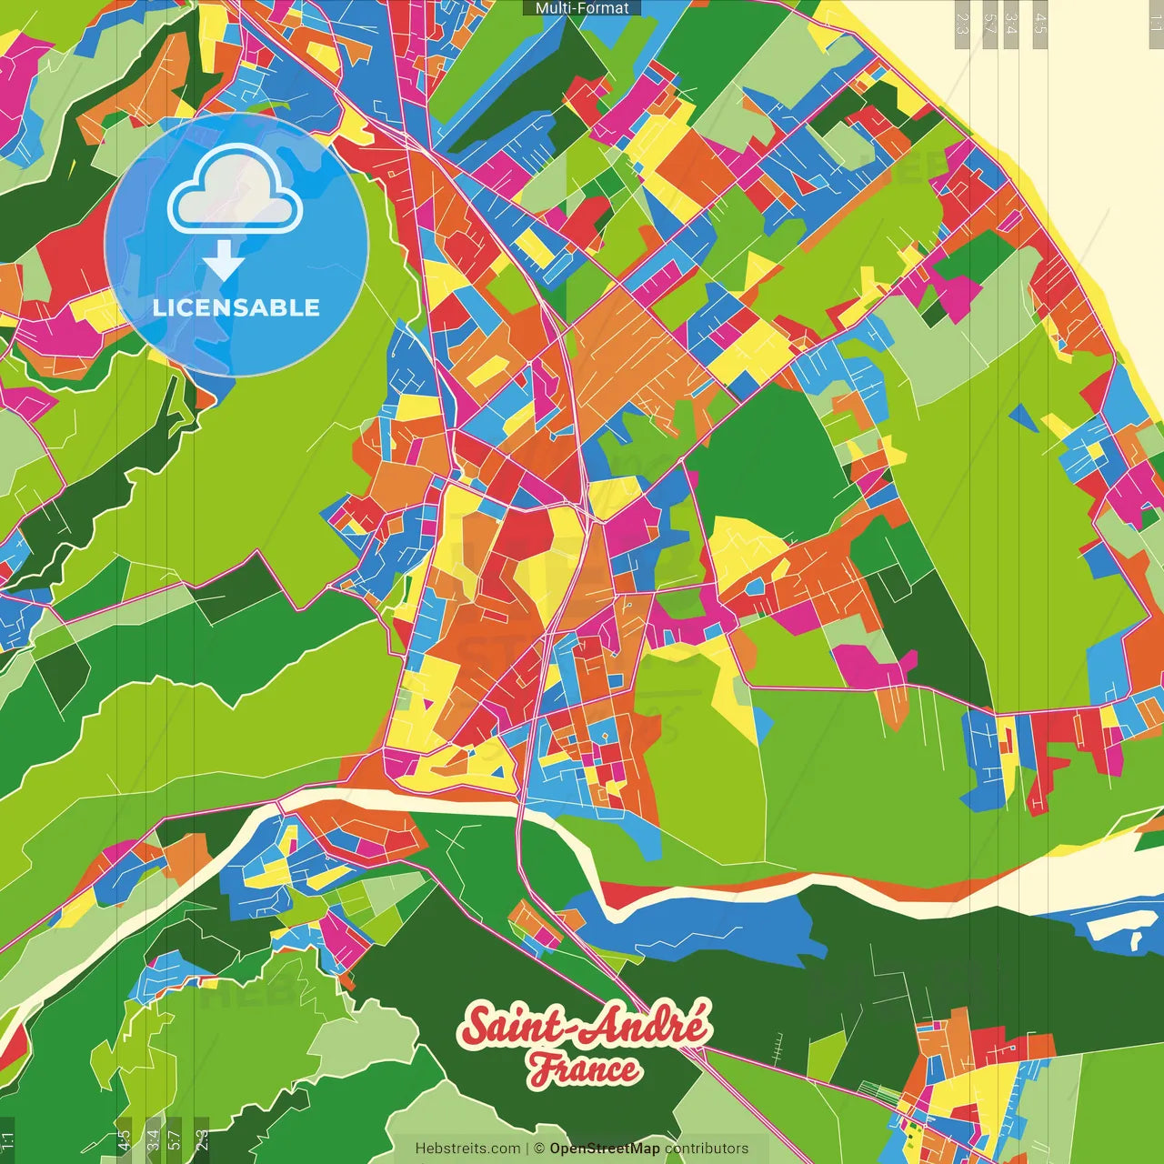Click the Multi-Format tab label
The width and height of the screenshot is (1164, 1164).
click(x=582, y=8)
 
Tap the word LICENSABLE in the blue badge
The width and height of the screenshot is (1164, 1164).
click(x=236, y=307)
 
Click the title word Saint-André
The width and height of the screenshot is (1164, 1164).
click(x=585, y=1027)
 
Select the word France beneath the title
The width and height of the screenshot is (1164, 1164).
click(x=585, y=1069)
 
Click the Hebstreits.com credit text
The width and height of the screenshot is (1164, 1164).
click(x=467, y=1149)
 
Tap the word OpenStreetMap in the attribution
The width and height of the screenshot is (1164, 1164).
click(x=604, y=1149)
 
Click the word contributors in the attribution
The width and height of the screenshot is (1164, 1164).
click(x=707, y=1149)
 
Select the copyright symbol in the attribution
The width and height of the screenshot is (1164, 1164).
click(x=539, y=1149)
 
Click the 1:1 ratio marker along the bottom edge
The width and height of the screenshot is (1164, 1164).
click(x=8, y=1140)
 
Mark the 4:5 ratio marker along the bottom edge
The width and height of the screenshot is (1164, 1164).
click(x=124, y=1140)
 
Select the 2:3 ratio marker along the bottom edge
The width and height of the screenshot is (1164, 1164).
click(x=202, y=1140)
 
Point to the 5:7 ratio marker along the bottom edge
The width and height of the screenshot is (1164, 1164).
click(x=175, y=1140)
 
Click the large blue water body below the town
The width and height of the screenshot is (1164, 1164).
click(x=718, y=928)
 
